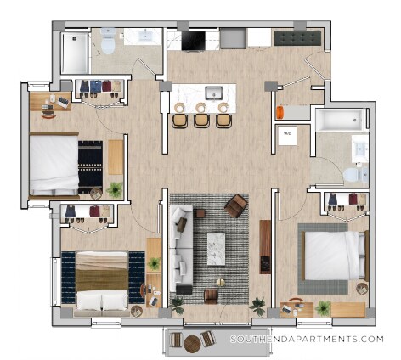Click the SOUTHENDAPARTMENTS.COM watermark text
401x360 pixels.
[x=307, y=339]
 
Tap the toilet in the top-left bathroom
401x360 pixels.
[x=108, y=39]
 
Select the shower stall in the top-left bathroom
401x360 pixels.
[x=74, y=52]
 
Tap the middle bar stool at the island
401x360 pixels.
[x=201, y=119]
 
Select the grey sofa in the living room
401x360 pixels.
[x=179, y=246]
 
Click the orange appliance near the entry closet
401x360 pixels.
[x=279, y=112]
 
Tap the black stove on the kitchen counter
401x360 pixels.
[x=193, y=39]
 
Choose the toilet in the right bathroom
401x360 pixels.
[x=353, y=174]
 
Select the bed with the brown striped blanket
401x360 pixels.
[x=102, y=281]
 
